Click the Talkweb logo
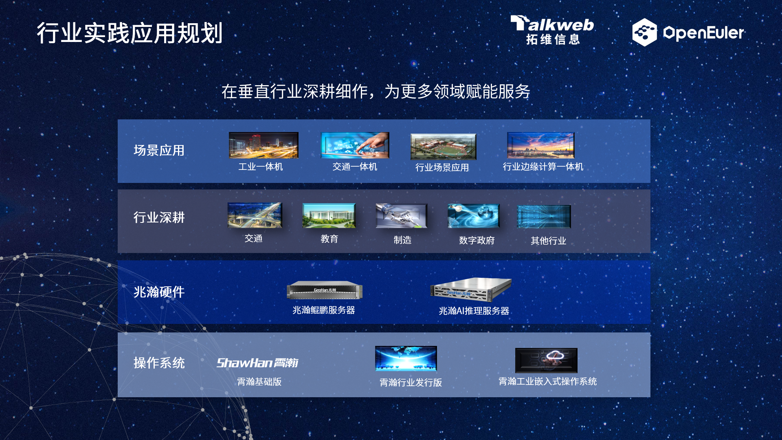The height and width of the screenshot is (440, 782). point(552,30)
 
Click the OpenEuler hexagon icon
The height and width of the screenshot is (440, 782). point(644,32)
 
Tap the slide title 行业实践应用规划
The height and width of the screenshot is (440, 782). point(130,33)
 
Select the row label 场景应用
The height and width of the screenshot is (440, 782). point(159,150)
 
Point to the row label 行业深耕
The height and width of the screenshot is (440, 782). point(159,217)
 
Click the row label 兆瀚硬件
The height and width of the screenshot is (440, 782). point(159,292)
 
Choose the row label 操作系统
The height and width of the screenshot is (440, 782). point(159,363)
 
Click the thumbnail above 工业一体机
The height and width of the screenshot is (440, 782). point(264,145)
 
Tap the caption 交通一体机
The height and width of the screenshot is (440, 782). point(355,167)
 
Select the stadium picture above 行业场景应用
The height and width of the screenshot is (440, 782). point(443,147)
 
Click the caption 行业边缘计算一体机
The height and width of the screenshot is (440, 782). point(543,167)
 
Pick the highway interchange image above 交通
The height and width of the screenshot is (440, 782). point(255,215)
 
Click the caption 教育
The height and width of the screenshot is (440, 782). point(329,239)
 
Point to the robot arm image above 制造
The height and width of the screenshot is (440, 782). point(401,216)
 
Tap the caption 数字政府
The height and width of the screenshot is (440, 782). point(477,240)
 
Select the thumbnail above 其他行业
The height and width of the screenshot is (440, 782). point(544,216)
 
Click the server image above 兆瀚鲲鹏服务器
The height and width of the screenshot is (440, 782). point(325,290)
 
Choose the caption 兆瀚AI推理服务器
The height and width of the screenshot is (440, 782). point(474,311)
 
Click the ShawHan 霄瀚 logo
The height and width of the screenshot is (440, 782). point(257,363)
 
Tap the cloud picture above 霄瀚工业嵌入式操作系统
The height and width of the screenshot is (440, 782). point(546,360)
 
